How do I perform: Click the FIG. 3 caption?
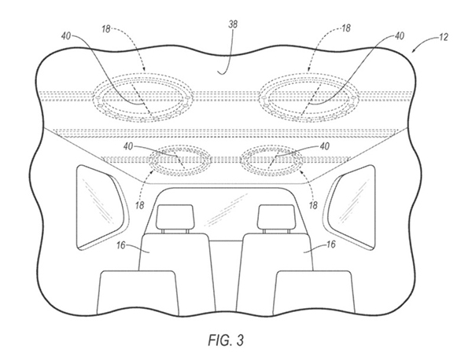[226, 340]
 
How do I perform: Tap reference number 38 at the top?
[233, 24]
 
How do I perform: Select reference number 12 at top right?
[444, 37]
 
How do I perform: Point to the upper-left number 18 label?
[106, 29]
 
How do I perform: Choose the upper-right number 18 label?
[346, 28]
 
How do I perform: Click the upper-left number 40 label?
[66, 36]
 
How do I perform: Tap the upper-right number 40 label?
[400, 36]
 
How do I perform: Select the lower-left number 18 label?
[140, 205]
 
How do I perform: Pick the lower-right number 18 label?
[313, 205]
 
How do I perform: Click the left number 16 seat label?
[121, 245]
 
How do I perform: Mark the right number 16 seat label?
[330, 244]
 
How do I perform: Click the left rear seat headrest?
[175, 217]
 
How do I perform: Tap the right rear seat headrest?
[276, 217]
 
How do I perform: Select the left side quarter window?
[101, 207]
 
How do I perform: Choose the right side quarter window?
[350, 207]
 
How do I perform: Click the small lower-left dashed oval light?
[180, 160]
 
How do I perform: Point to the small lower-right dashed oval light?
[271, 160]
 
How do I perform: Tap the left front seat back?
[137, 293]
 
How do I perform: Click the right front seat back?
[314, 293]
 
